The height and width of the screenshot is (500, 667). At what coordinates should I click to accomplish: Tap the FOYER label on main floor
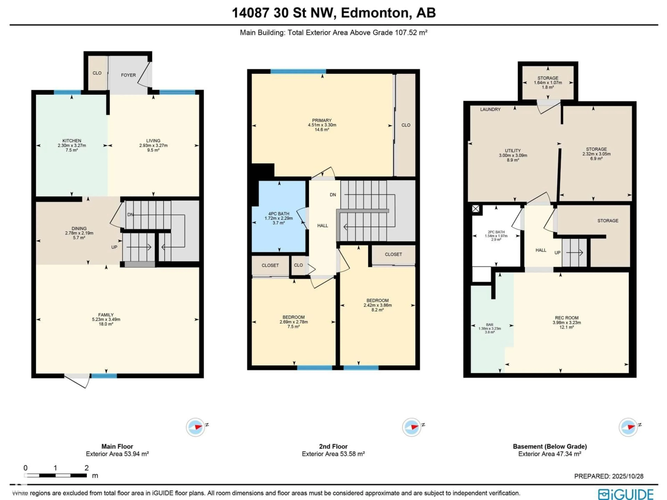tap(129, 75)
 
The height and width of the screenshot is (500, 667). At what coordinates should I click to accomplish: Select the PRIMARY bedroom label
tap(322, 120)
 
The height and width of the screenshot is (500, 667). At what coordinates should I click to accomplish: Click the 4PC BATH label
tap(279, 214)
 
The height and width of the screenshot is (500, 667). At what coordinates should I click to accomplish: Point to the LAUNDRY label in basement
tap(490, 109)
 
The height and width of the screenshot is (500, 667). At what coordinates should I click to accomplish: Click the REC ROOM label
tap(567, 318)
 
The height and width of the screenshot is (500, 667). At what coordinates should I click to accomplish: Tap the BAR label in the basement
tap(490, 325)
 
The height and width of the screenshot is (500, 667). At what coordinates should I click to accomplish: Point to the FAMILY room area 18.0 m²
tap(106, 324)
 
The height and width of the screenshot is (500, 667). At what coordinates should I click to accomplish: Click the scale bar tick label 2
tap(87, 468)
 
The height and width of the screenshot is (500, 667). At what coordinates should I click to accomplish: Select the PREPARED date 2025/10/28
tap(609, 476)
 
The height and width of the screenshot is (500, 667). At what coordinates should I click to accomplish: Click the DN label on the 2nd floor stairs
tap(333, 195)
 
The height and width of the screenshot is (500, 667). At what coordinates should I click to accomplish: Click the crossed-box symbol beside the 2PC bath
tap(476, 209)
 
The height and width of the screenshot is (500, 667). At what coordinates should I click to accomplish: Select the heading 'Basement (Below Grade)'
tap(550, 446)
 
